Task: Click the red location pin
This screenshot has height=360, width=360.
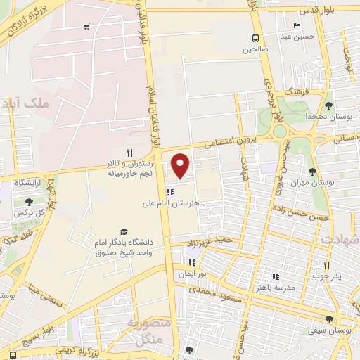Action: tap(181, 165)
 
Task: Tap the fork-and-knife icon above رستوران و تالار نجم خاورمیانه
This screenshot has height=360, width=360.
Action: tap(129, 153)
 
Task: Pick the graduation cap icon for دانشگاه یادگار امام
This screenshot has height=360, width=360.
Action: tap(124, 232)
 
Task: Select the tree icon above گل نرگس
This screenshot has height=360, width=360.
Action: tap(18, 202)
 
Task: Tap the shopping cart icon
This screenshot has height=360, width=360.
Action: tap(86, 27)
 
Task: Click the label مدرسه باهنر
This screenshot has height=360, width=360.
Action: tap(276, 288)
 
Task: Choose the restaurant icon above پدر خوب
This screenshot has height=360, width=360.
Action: tap(326, 265)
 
